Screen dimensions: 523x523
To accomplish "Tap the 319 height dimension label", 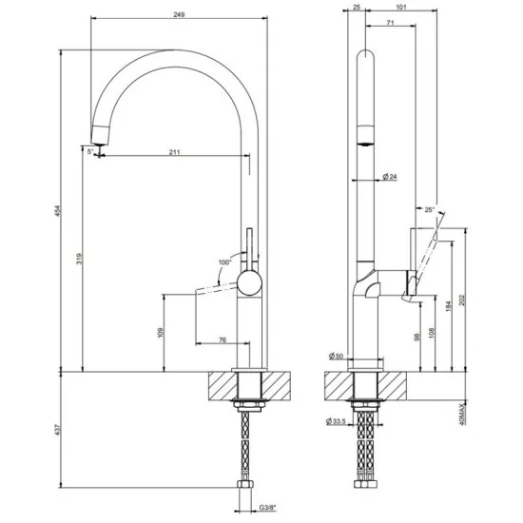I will [x=80, y=259].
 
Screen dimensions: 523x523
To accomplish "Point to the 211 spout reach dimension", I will [x=175, y=151].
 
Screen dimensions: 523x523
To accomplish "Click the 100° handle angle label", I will [x=225, y=260].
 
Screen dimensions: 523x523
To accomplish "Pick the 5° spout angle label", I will [x=90, y=151].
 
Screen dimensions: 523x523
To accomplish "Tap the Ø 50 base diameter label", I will [x=335, y=356].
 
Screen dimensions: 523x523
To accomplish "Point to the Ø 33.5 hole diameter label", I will [x=335, y=421].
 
